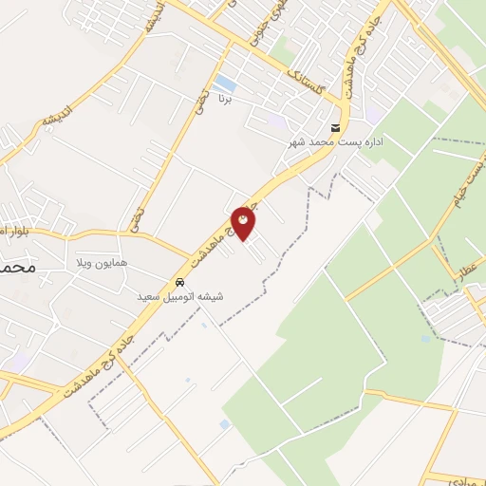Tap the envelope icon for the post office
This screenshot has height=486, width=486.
[x=334, y=128]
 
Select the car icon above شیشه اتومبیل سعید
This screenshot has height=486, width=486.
[x=178, y=283]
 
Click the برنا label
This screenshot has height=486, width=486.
[x=225, y=98]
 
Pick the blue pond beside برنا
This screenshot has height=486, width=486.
[x=225, y=83]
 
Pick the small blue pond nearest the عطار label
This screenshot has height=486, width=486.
[x=425, y=338]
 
